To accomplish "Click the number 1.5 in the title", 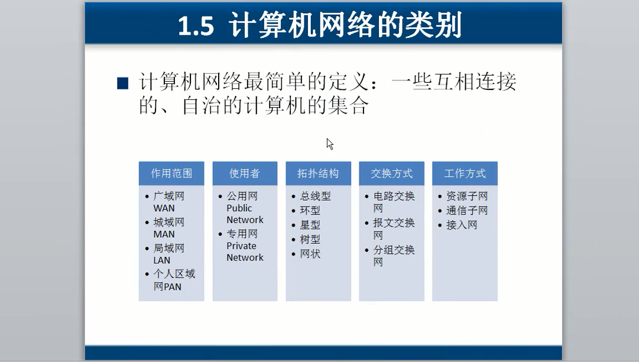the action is pyautogui.click(x=196, y=25).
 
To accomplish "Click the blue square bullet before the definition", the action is pyautogui.click(x=123, y=83).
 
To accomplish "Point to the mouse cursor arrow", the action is pyautogui.click(x=330, y=144).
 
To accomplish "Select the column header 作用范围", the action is pyautogui.click(x=171, y=173).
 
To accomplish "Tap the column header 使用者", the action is pyautogui.click(x=245, y=173).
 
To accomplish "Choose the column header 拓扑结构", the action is pyautogui.click(x=318, y=173).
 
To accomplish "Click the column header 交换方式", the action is pyautogui.click(x=392, y=173).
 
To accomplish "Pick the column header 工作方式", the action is pyautogui.click(x=465, y=173).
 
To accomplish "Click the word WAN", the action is pyautogui.click(x=164, y=208).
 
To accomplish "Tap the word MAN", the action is pyautogui.click(x=164, y=234).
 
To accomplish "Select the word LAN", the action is pyautogui.click(x=162, y=260).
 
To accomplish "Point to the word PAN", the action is pyautogui.click(x=173, y=287).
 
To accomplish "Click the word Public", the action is pyautogui.click(x=239, y=208).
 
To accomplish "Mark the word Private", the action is pyautogui.click(x=241, y=246).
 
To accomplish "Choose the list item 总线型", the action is pyautogui.click(x=315, y=196).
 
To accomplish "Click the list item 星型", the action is pyautogui.click(x=310, y=225).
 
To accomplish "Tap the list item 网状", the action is pyautogui.click(x=310, y=254).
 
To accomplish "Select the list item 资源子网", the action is pyautogui.click(x=467, y=196).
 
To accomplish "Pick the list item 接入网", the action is pyautogui.click(x=462, y=225).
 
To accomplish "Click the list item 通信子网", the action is pyautogui.click(x=467, y=211).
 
